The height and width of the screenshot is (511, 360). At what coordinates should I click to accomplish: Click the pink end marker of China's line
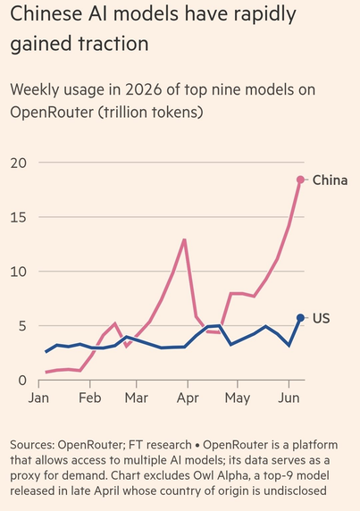click(300, 180)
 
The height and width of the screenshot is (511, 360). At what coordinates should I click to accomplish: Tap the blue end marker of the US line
click(300, 318)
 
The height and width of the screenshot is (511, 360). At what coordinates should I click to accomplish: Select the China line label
click(330, 180)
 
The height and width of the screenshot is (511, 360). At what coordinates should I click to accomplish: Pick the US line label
click(322, 318)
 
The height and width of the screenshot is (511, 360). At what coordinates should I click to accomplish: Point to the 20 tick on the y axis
click(18, 163)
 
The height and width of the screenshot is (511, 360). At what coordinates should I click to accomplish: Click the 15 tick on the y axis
click(18, 217)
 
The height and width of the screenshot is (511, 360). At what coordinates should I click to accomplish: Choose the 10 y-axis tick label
click(18, 272)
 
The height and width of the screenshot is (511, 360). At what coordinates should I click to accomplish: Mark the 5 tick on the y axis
click(22, 326)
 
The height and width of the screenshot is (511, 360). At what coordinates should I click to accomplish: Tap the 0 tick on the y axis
click(22, 381)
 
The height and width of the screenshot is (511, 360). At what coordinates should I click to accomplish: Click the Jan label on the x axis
click(38, 398)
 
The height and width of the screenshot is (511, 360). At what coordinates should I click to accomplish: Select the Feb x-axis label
click(90, 398)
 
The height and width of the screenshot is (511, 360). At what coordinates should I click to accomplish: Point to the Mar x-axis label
click(136, 398)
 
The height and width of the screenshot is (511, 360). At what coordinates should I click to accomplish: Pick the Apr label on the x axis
click(188, 398)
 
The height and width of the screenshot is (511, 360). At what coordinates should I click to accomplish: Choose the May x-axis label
click(238, 398)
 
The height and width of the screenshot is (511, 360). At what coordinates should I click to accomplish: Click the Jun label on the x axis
click(289, 398)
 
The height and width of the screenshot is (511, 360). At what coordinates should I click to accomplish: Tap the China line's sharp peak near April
click(184, 239)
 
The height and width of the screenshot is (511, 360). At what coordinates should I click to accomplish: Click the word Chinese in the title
click(46, 13)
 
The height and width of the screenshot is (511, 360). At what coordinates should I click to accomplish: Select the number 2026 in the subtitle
click(143, 89)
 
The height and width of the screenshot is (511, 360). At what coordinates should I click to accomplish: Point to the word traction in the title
click(113, 44)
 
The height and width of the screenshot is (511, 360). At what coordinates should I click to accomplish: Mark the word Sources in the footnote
click(32, 445)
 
